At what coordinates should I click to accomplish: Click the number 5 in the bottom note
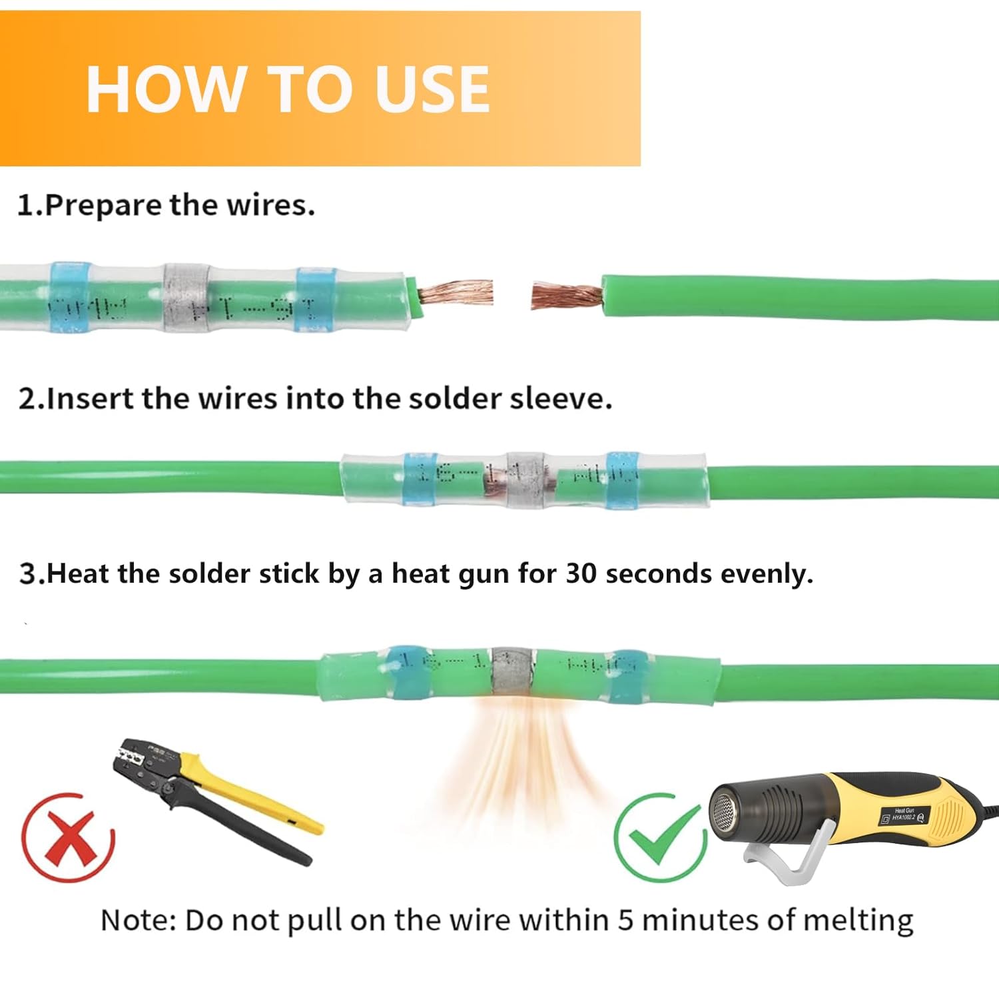click(x=625, y=920)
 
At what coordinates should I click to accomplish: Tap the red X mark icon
click(x=68, y=837)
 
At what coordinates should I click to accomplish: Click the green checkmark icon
click(x=659, y=837)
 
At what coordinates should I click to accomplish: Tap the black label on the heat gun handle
click(x=904, y=816)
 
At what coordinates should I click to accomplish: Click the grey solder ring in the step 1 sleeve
click(x=186, y=300)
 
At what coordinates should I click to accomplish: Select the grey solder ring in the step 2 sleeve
click(x=526, y=480)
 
